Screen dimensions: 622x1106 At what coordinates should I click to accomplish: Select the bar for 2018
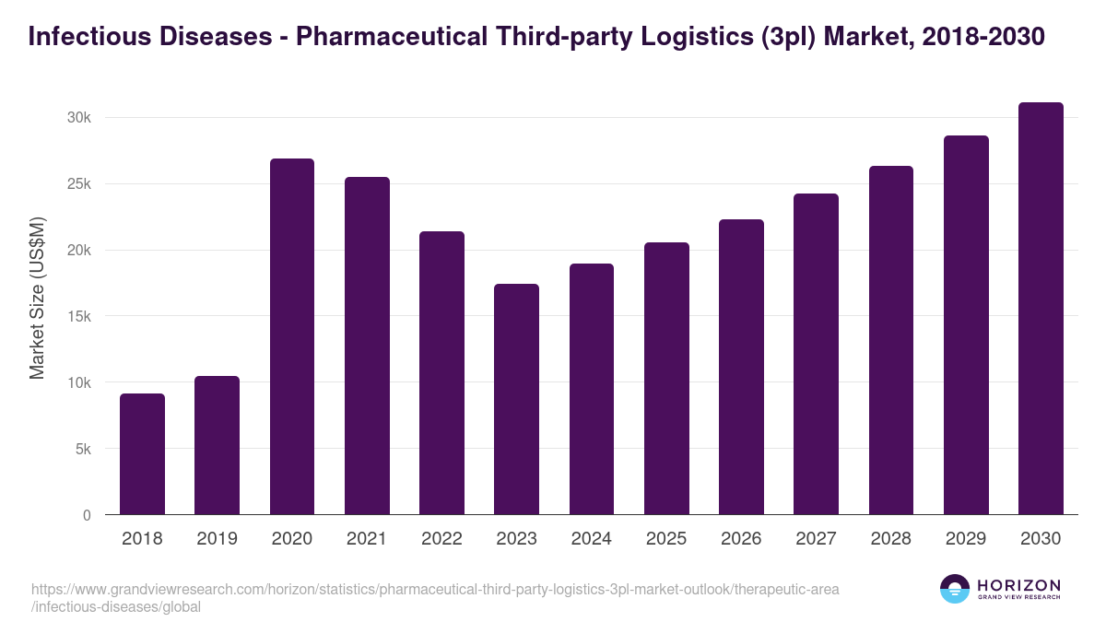142,454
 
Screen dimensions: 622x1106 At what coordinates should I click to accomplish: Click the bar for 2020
292,336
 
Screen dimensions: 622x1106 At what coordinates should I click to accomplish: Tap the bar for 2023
516,399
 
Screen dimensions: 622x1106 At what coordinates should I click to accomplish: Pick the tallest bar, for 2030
1041,309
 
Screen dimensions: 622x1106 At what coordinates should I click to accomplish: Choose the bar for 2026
741,367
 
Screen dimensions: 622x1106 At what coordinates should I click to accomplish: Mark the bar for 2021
367,346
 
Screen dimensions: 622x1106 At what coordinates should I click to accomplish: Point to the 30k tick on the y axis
78,118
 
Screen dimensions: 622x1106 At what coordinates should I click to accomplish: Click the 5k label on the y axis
82,450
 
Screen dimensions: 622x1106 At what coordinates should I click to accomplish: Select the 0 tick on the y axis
87,516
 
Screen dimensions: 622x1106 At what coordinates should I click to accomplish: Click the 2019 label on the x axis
217,539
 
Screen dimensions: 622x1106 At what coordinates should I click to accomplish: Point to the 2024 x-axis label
591,539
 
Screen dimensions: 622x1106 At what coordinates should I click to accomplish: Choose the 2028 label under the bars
890,539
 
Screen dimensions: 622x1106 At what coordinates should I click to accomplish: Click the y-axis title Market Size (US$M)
37,298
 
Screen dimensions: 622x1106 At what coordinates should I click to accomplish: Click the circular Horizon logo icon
955,589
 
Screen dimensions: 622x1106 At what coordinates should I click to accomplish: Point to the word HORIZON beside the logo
1018,585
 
